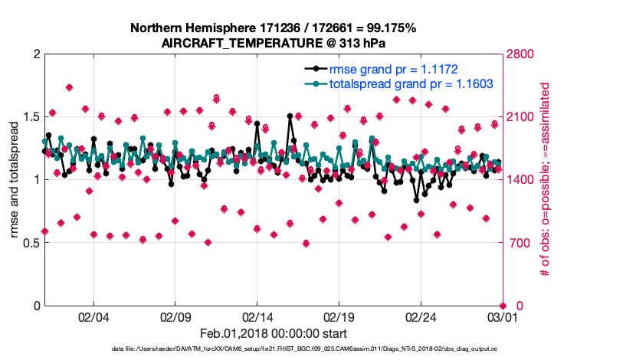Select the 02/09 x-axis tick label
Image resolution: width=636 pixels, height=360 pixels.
(175, 316)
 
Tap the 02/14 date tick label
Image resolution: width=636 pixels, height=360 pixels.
(257, 316)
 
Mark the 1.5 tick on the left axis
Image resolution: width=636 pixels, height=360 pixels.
(31, 117)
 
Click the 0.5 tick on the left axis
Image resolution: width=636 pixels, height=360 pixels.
(31, 243)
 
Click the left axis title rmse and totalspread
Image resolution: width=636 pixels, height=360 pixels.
(14, 179)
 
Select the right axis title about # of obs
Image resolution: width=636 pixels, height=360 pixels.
(546, 179)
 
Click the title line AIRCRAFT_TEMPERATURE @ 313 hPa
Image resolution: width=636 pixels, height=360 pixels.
(274, 44)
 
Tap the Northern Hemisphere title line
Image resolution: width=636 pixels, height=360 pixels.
(274, 28)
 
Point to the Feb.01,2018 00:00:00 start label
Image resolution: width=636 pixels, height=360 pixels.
(274, 333)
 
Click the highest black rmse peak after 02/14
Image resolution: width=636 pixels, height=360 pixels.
(290, 116)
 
